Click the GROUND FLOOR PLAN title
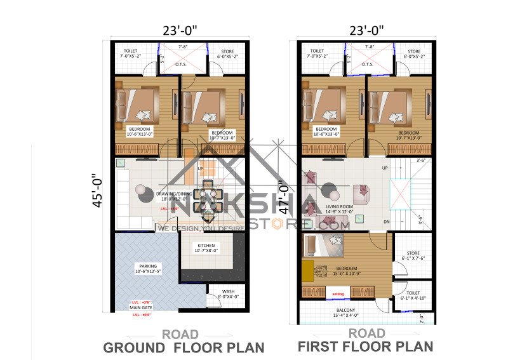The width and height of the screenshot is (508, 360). click(184, 347)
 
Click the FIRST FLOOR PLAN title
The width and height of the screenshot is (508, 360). click(366, 347)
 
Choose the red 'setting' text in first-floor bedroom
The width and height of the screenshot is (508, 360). click(338, 294)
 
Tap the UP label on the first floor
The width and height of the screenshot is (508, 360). click(385, 168)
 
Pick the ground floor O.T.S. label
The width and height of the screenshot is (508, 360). click(182, 63)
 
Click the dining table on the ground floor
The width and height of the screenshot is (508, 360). click(207, 194)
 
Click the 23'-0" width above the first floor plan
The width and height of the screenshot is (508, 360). click(366, 30)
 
